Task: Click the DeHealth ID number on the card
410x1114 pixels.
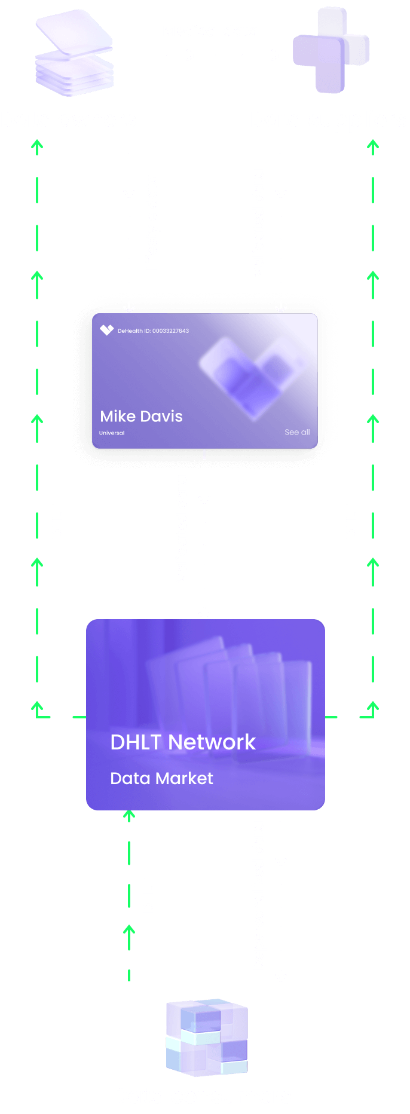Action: [153, 330]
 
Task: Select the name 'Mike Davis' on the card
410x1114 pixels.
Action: [141, 416]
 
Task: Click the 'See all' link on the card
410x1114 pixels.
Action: [297, 432]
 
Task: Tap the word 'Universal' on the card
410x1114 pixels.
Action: [112, 433]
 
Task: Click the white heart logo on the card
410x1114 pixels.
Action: [106, 330]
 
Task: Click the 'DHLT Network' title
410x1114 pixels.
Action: [183, 742]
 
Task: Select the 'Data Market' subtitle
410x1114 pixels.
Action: [161, 778]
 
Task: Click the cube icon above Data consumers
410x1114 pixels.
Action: [206, 1038]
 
